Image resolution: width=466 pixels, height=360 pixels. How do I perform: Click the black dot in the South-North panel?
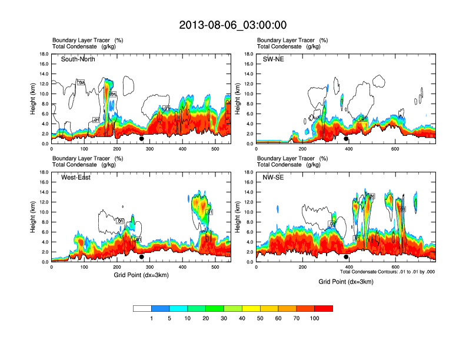tap(141, 139)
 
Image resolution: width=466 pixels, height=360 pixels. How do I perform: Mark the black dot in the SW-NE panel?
tap(346, 139)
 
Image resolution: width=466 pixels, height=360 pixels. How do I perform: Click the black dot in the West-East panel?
tap(141, 257)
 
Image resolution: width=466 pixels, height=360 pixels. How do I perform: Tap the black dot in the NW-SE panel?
tap(346, 257)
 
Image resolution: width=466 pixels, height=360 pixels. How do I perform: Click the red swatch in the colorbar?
tap(324, 308)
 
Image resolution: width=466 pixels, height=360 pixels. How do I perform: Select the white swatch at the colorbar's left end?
tap(142, 308)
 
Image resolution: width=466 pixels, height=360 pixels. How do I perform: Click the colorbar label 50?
tap(260, 318)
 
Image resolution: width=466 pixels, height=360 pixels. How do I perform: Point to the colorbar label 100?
tap(315, 318)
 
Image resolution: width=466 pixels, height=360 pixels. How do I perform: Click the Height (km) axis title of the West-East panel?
tap(34, 217)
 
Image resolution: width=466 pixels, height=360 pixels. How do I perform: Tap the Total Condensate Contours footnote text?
tap(387, 272)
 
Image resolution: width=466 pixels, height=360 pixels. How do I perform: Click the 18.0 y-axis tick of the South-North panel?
tap(44, 54)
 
